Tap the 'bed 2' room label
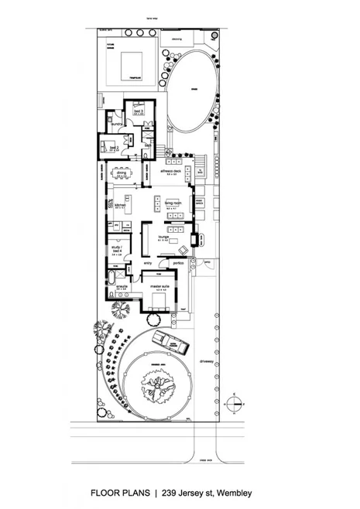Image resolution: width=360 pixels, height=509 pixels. pos(113,145)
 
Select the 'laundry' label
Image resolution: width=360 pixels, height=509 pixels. pos(118,124)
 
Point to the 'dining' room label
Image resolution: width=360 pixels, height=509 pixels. pos(122,173)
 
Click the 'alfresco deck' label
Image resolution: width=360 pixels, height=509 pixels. pos(170,171)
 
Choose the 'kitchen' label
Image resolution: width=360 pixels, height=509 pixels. pos(120,206)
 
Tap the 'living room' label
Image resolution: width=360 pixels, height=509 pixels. pos(172,203)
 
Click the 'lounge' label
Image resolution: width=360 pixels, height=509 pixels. pos(164,237)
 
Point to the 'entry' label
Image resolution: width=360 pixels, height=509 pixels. pos(149,263)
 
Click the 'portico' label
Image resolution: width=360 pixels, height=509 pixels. pos(177,263)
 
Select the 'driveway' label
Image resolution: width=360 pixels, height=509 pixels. pos(205,360)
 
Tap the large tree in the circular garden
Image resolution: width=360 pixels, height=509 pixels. pos(159,385)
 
